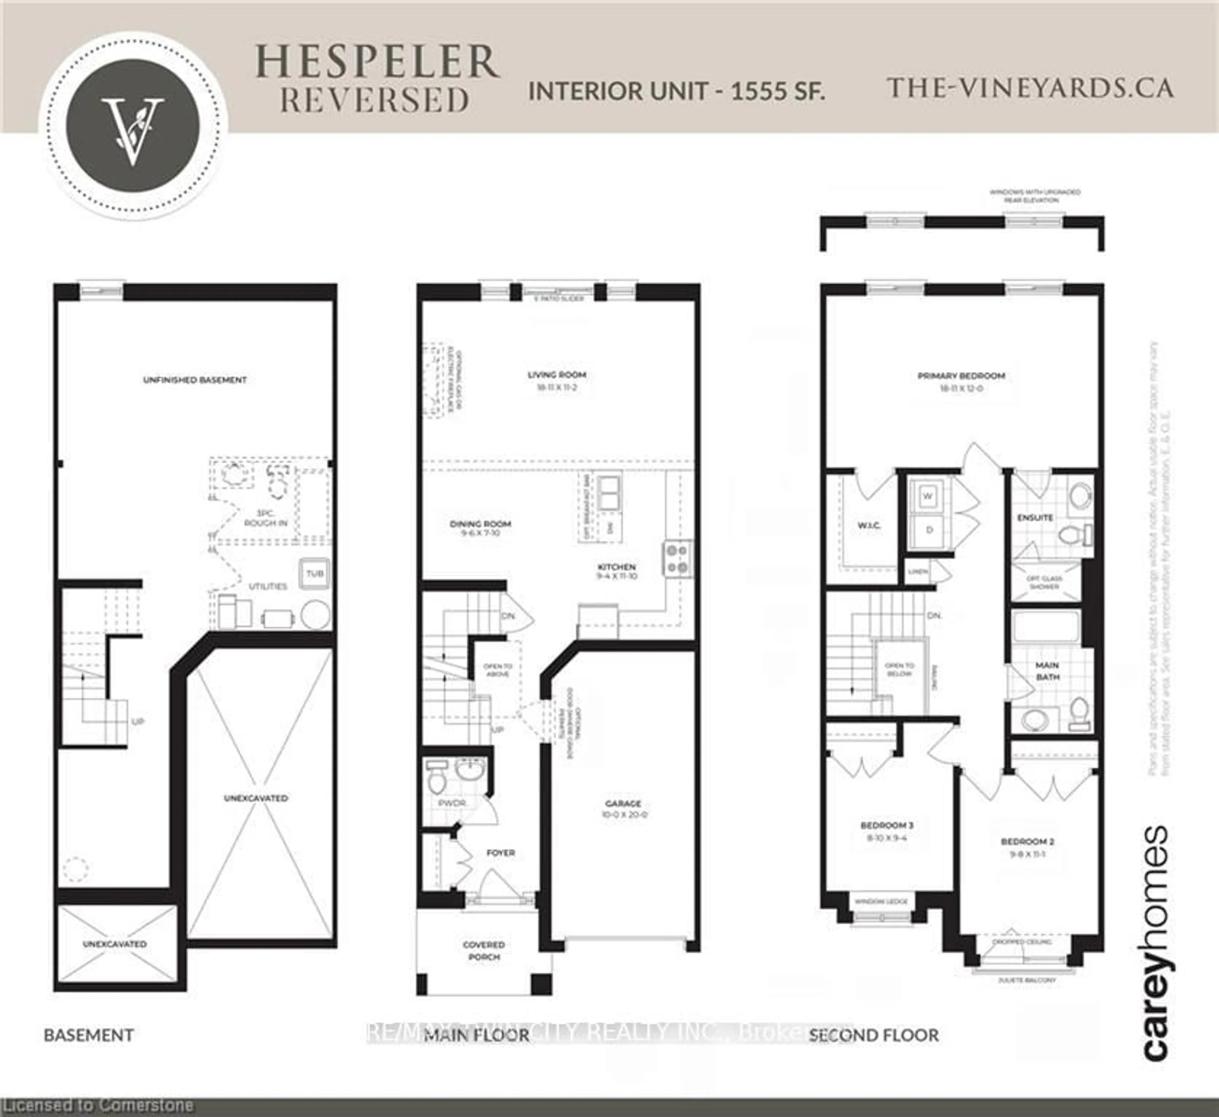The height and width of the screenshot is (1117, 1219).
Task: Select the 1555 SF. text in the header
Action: [x=778, y=91]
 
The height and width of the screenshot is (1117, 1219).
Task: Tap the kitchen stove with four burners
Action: [x=678, y=559]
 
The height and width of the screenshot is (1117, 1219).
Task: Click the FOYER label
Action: [x=501, y=853]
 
